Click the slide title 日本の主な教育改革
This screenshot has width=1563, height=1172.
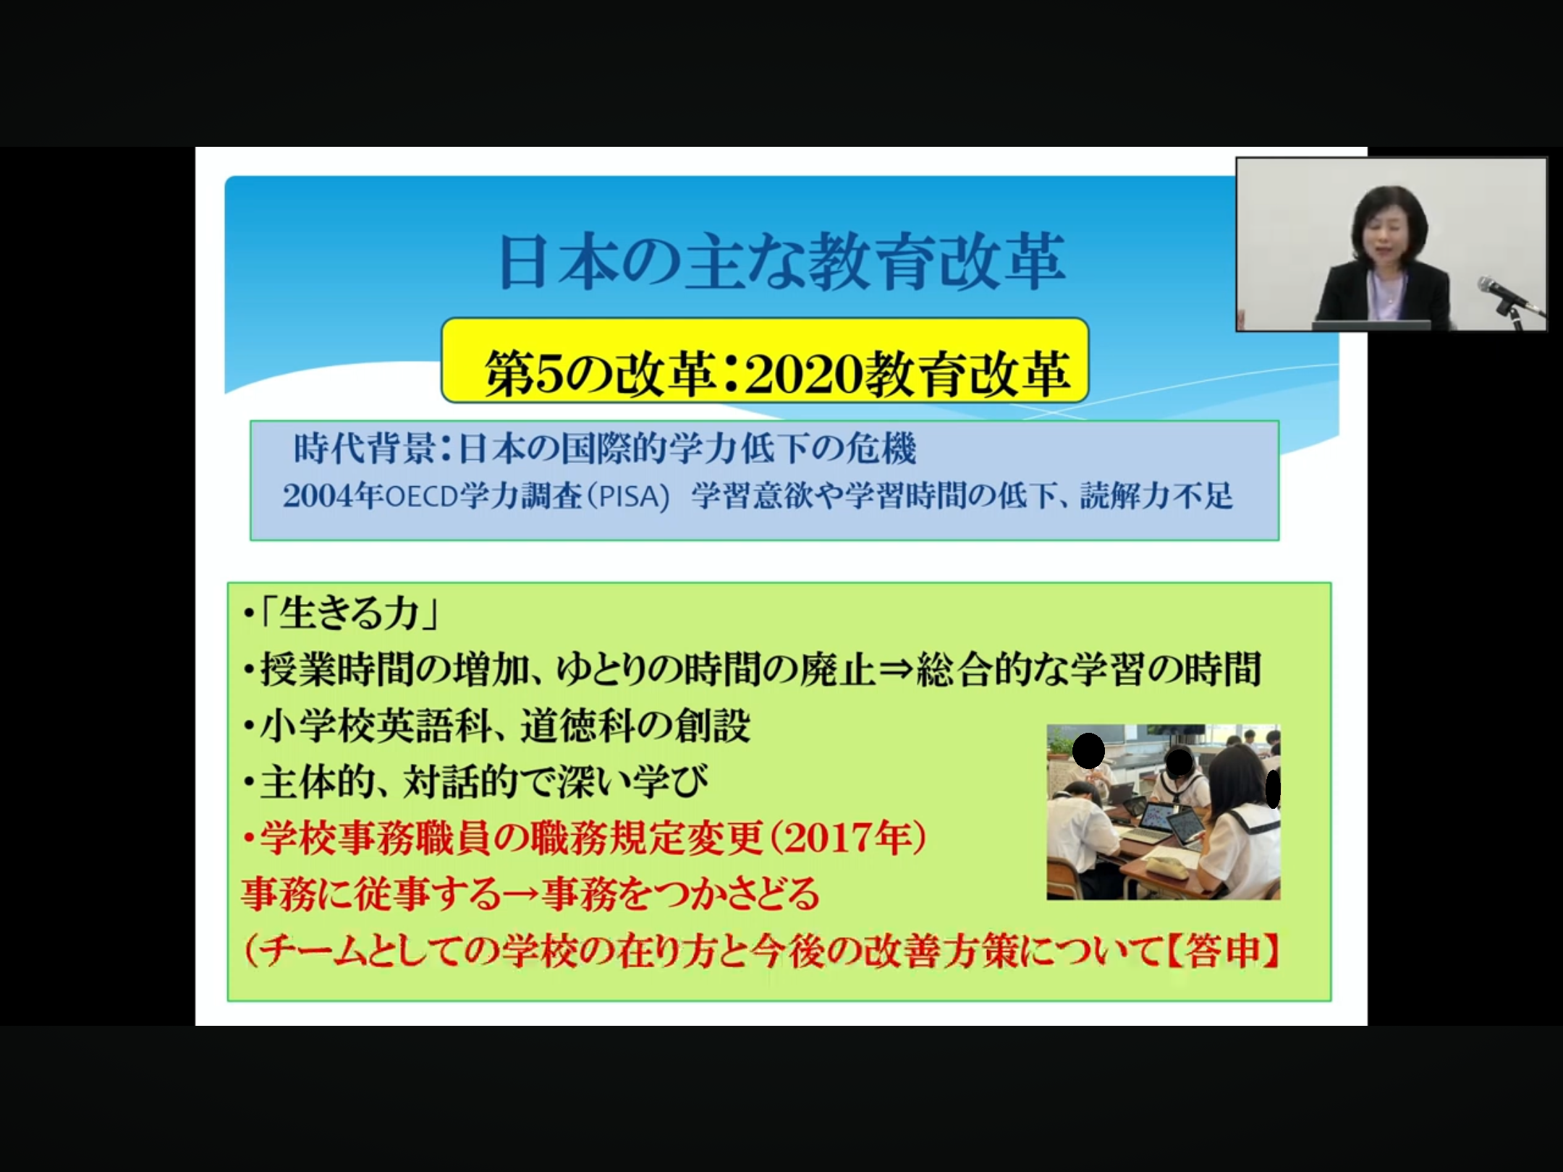point(782,262)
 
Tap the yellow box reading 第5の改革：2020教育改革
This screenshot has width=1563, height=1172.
point(765,360)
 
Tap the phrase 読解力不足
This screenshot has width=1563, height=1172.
point(1156,496)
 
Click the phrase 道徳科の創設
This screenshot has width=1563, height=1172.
point(635,726)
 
